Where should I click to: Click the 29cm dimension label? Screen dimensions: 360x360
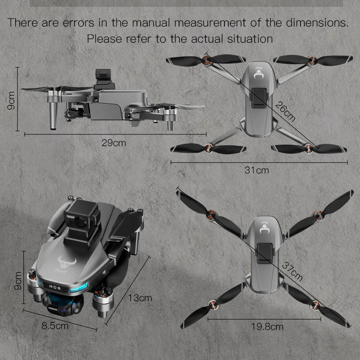point(113,143)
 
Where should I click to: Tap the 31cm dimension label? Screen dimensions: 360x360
point(256,170)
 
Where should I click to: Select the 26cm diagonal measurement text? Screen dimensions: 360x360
point(286,112)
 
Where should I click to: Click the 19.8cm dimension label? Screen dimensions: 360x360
point(267,327)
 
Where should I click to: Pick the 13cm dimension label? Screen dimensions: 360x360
point(140,298)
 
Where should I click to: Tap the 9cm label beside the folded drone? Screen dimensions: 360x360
point(18,280)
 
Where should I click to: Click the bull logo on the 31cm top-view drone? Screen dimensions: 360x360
point(260,77)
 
